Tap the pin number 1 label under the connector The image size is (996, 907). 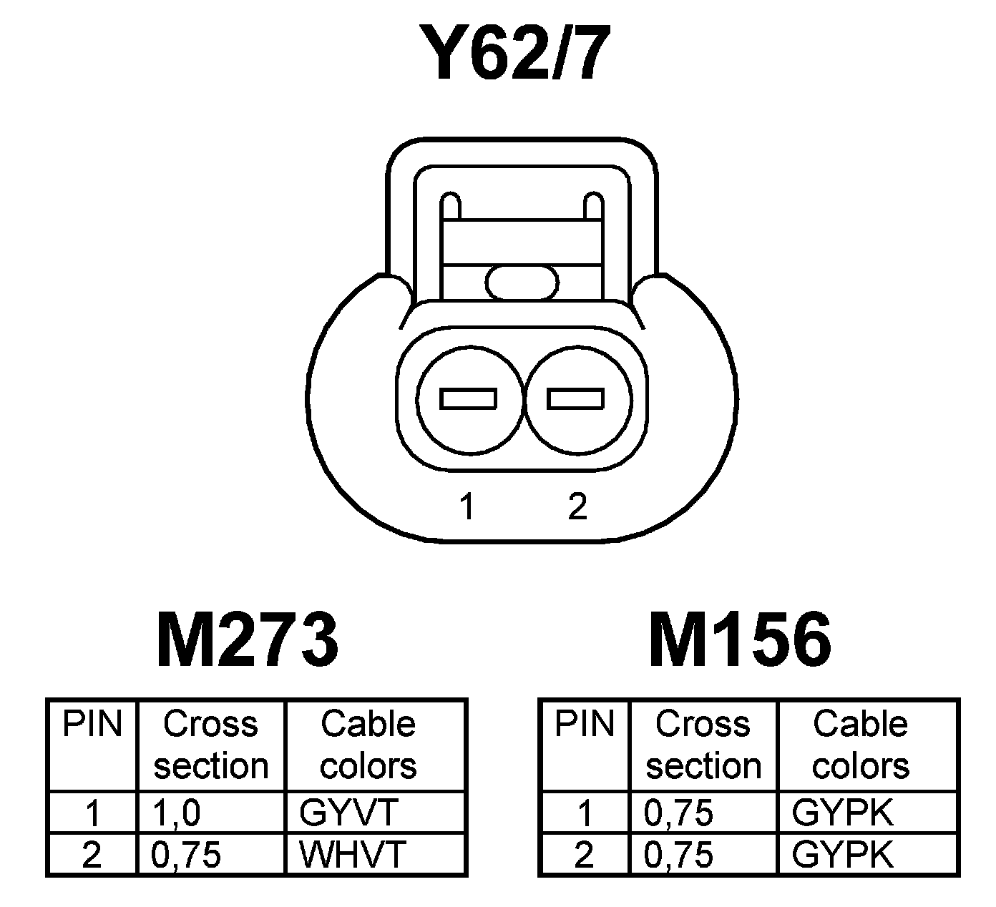click(467, 507)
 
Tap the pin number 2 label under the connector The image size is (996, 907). click(577, 507)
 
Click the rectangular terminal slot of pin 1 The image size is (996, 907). click(469, 398)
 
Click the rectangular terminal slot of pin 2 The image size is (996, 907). click(576, 398)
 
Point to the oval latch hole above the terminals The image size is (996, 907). click(522, 282)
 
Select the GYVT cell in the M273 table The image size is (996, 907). click(348, 812)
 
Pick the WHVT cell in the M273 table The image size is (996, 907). click(353, 853)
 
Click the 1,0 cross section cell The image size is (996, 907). click(176, 813)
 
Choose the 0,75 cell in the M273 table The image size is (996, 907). click(186, 854)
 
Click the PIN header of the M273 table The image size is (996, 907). click(92, 724)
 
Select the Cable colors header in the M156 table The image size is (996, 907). click(861, 745)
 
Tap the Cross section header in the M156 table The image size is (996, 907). click(703, 745)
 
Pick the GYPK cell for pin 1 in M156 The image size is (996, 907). click(843, 813)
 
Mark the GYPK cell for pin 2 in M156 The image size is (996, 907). click(843, 854)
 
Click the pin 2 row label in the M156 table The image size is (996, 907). click(585, 855)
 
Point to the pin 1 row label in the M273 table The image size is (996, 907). click(92, 813)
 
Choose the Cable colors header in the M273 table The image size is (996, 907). click(368, 745)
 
